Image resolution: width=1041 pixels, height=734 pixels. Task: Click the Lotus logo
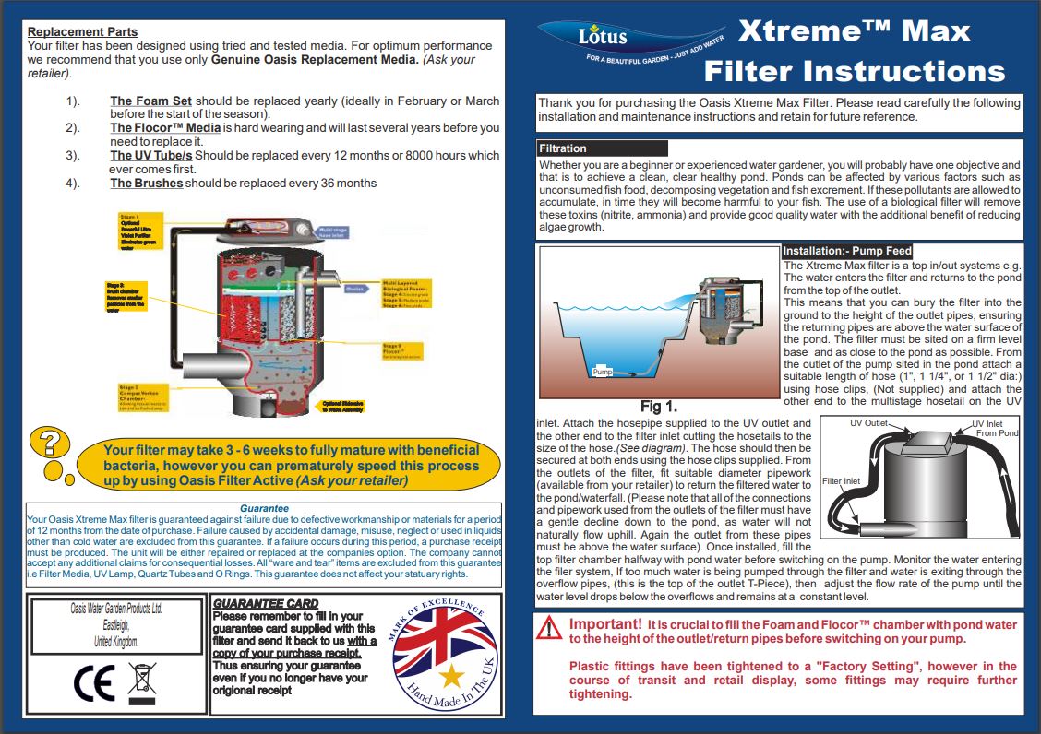602,37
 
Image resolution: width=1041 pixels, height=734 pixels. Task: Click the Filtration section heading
562,148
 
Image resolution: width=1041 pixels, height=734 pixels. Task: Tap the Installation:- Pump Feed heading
847,251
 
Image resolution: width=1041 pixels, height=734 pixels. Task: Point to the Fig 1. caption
659,406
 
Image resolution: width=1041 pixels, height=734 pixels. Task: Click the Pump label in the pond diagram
603,372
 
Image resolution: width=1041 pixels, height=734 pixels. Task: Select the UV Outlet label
868,423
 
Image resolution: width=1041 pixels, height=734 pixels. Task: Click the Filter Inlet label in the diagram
841,481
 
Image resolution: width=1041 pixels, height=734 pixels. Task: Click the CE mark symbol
93,681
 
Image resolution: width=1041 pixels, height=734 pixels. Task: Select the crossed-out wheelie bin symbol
142,681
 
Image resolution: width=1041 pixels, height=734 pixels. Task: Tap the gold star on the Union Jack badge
451,678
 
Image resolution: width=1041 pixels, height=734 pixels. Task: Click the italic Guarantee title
264,508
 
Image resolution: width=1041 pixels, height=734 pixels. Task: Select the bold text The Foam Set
150,101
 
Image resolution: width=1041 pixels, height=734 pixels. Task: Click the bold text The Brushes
147,183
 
